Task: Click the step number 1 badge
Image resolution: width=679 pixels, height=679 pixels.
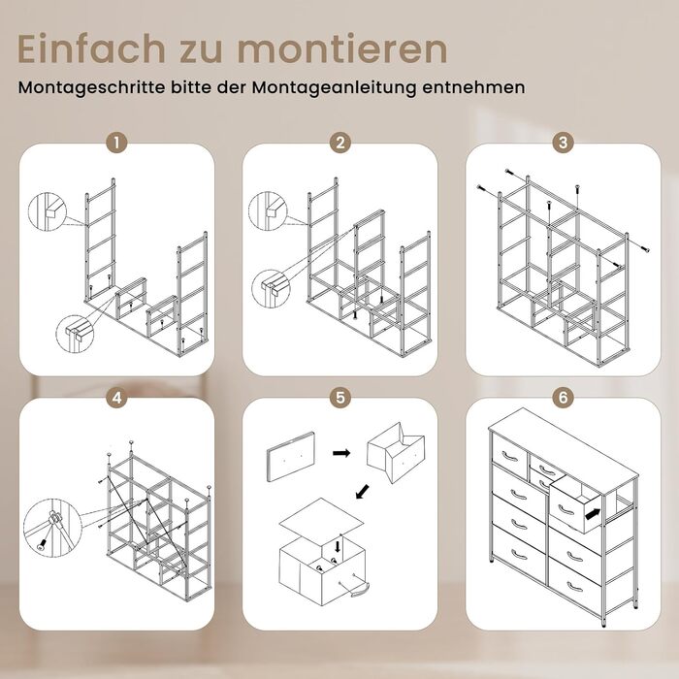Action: pyautogui.click(x=117, y=142)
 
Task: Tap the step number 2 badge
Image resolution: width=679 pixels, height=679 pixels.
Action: pyautogui.click(x=339, y=142)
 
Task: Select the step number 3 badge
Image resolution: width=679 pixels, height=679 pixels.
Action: pyautogui.click(x=563, y=142)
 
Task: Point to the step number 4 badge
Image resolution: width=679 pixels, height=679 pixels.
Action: pyautogui.click(x=117, y=397)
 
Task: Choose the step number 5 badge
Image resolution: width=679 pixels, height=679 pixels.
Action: pyautogui.click(x=339, y=397)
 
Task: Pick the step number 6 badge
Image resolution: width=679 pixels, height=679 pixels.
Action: pyautogui.click(x=563, y=397)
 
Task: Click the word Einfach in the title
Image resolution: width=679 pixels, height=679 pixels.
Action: pyautogui.click(x=91, y=48)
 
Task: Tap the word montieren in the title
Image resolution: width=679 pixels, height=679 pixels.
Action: pyautogui.click(x=342, y=48)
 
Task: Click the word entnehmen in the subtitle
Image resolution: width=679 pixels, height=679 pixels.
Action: pyautogui.click(x=473, y=87)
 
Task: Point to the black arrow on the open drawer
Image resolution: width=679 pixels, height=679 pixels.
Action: pyautogui.click(x=594, y=514)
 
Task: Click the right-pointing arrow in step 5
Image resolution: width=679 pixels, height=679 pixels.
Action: pyautogui.click(x=341, y=453)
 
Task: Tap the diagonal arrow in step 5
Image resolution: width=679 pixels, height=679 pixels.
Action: pyautogui.click(x=363, y=491)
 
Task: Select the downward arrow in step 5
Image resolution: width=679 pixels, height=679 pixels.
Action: pyautogui.click(x=338, y=545)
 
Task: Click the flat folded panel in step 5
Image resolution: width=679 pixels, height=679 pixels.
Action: pyautogui.click(x=291, y=457)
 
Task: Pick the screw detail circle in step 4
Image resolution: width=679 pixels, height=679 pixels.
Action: pyautogui.click(x=52, y=528)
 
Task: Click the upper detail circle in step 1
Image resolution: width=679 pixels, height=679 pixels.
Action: pyautogui.click(x=48, y=210)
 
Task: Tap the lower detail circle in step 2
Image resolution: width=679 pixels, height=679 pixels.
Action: pyautogui.click(x=271, y=289)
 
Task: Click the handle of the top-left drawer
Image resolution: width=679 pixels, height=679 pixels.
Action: pyautogui.click(x=509, y=456)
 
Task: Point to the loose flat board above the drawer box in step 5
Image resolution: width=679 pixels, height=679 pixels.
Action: pyautogui.click(x=322, y=520)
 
